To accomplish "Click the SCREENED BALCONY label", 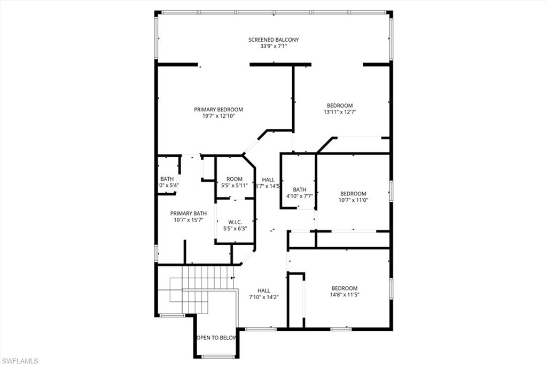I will tap(273, 40).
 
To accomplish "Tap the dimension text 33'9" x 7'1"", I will tap(273, 47).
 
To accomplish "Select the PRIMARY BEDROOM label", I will tap(218, 109).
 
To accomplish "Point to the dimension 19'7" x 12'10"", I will tap(218, 116).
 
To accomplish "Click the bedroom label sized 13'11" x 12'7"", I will tap(340, 105).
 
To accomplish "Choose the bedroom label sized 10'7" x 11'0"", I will tap(353, 194).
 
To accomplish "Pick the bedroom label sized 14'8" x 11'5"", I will tap(344, 288).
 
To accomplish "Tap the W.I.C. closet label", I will tap(235, 222).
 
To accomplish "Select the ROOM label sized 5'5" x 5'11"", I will tap(235, 179).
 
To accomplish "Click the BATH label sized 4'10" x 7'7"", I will tap(299, 189).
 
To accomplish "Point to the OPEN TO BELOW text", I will tap(217, 338).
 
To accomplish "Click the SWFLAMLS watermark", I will tap(20, 361).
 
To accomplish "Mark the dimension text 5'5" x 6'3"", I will tap(235, 229).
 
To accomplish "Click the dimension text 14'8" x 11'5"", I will tap(344, 294).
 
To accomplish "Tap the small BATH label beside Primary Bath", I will tap(166, 179).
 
